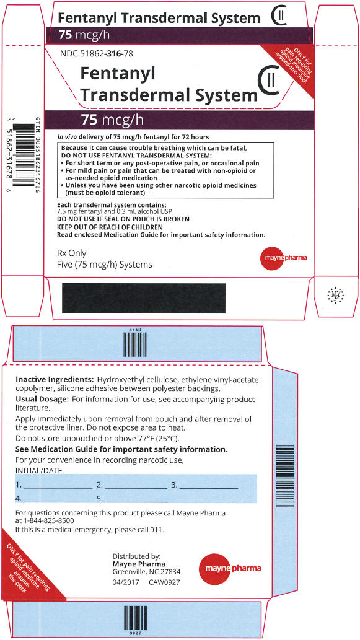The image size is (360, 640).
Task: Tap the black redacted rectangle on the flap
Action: pyautogui.click(x=144, y=298)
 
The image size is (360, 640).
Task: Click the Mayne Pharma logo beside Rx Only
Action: pyautogui.click(x=283, y=258)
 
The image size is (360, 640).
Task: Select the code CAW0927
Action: pyautogui.click(x=164, y=582)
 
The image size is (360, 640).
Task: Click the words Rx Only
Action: pyautogui.click(x=72, y=253)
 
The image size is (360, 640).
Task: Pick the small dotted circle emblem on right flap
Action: pyautogui.click(x=335, y=294)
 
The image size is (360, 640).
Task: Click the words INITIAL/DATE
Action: pyautogui.click(x=38, y=471)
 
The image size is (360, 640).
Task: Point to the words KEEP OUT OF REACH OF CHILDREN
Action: pyautogui.click(x=110, y=227)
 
